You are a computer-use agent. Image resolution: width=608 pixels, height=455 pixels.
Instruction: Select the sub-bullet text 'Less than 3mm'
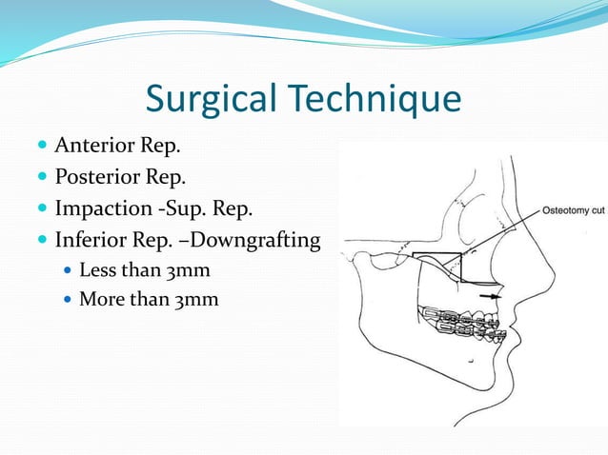[x=144, y=270]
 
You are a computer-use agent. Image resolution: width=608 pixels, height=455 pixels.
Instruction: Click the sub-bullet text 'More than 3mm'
[x=148, y=300]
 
